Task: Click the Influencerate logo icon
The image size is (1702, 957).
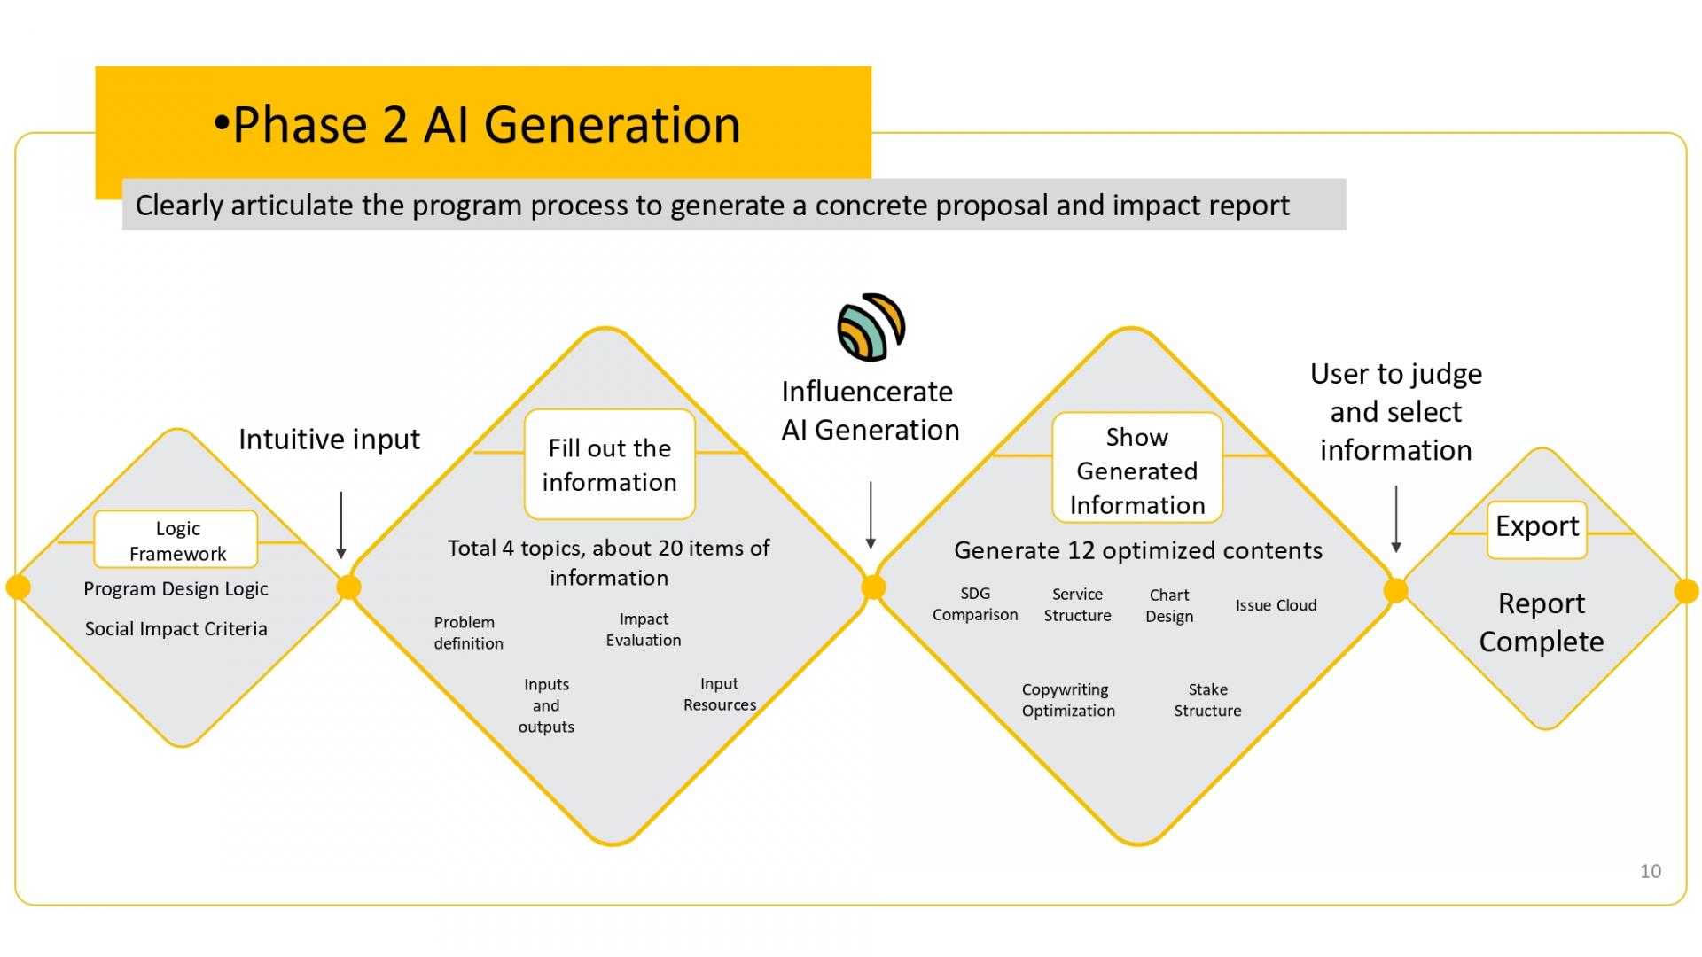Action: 871,327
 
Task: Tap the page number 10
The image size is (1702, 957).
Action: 1650,871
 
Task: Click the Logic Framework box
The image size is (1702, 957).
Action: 176,540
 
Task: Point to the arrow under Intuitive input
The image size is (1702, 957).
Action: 341,525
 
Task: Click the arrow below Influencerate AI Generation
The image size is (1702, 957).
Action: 871,516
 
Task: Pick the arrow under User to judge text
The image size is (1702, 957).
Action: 1396,519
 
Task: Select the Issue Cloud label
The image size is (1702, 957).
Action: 1276,605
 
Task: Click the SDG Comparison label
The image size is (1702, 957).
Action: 975,604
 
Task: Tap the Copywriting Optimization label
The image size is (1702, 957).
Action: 1068,700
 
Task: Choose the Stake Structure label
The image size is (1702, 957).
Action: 1207,700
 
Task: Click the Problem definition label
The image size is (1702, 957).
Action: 468,633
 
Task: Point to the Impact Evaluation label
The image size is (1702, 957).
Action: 644,629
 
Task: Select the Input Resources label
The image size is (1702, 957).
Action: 720,694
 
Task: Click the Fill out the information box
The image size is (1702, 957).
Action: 610,464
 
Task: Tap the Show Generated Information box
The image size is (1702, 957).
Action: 1137,468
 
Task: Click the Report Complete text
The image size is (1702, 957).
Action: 1542,622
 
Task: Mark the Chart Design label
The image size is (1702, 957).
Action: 1169,606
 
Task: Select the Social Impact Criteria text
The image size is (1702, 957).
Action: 176,628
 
